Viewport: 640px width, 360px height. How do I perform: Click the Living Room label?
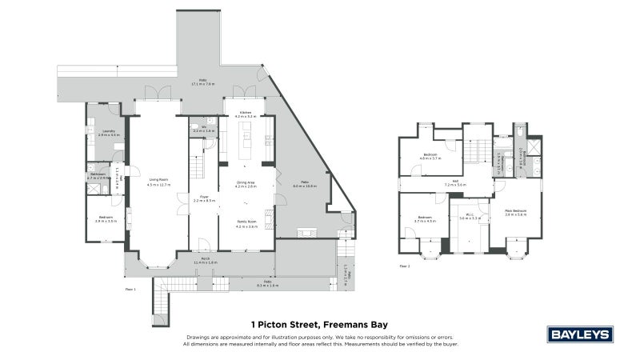click(x=158, y=179)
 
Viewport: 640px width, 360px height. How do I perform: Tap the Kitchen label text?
click(x=246, y=113)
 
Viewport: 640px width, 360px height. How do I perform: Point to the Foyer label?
click(x=204, y=197)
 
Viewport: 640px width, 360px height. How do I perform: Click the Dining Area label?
click(x=246, y=182)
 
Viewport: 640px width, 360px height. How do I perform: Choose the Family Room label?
click(x=246, y=223)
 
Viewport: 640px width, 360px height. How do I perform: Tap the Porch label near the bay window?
click(x=205, y=258)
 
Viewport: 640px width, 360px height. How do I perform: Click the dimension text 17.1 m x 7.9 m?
click(x=204, y=84)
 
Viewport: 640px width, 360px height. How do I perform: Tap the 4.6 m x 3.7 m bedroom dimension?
click(x=430, y=158)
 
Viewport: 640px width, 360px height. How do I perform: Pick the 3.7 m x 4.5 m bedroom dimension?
click(x=425, y=221)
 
